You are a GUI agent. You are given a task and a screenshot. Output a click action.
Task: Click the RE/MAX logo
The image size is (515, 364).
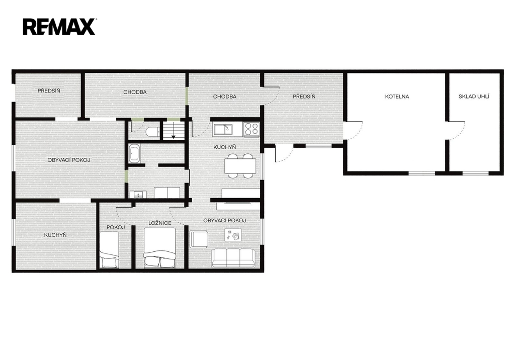click(59, 27)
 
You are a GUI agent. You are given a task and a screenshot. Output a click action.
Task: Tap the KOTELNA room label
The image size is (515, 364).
click(397, 97)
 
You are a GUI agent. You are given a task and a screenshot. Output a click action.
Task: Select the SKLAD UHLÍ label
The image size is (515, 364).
click(474, 97)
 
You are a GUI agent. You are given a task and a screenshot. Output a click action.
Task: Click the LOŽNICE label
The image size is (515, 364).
click(160, 223)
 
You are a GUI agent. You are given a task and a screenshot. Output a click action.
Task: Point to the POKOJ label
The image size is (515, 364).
click(116, 227)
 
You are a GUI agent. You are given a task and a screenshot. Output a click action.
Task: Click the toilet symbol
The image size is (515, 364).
click(152, 132)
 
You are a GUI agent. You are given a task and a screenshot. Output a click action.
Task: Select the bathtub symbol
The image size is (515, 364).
click(135, 153)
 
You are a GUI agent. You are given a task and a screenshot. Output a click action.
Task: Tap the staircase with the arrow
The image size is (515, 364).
click(173, 130)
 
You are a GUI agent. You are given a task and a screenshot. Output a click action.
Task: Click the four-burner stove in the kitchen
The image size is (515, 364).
click(251, 128)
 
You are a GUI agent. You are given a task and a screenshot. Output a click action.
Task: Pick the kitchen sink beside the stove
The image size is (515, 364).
click(223, 129)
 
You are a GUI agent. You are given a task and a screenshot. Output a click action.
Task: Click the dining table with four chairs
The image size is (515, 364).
click(240, 166)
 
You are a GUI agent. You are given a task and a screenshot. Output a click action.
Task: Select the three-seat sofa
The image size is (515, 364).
click(233, 258)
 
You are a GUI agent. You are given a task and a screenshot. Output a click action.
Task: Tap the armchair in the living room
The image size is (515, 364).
click(199, 239)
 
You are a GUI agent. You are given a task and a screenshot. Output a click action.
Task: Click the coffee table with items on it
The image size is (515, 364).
click(233, 235)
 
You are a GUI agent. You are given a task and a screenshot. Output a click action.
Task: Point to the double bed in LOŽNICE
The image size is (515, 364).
click(159, 248)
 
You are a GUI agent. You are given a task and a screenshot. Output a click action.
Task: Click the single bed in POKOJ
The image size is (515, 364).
click(109, 250)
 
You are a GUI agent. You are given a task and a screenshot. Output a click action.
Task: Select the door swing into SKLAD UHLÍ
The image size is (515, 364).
click(457, 131)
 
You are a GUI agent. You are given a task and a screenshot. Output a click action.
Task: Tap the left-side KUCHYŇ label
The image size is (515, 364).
click(55, 235)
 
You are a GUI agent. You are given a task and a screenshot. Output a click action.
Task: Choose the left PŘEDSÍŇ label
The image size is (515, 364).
click(49, 90)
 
